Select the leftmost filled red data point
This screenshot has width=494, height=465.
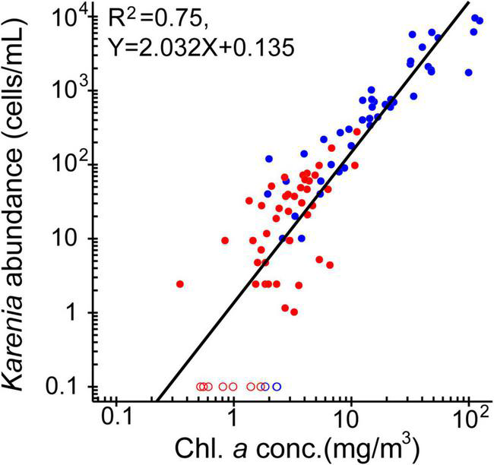click(180, 284)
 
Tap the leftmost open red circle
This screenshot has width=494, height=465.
click(201, 387)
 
